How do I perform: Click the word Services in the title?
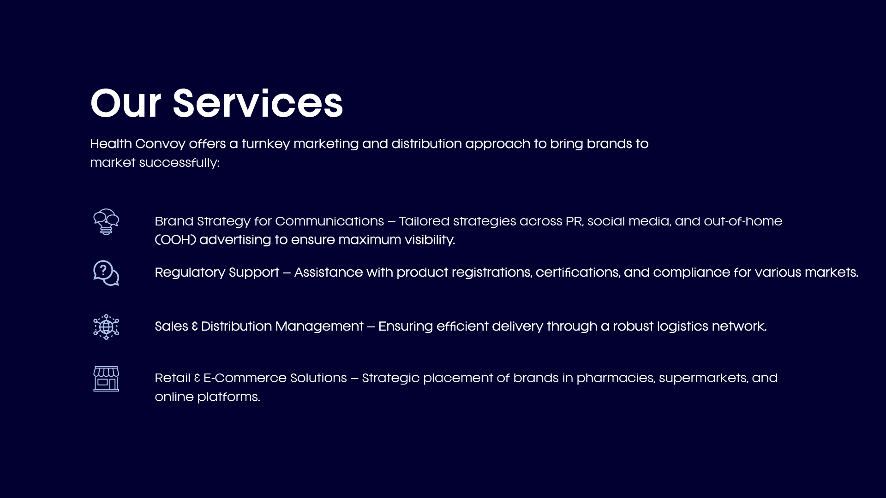pyautogui.click(x=258, y=103)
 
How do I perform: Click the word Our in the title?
pyautogui.click(x=126, y=103)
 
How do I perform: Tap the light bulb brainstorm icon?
pyautogui.click(x=106, y=222)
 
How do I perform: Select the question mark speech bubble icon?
pyautogui.click(x=106, y=273)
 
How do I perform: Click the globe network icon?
pyautogui.click(x=106, y=327)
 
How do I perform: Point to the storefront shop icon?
pyautogui.click(x=106, y=379)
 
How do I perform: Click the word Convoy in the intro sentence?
pyautogui.click(x=160, y=144)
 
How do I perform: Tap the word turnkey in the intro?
pyautogui.click(x=266, y=144)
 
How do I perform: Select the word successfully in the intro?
pyautogui.click(x=179, y=163)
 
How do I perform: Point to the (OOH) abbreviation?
pyautogui.click(x=175, y=240)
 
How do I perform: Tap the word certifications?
pyautogui.click(x=577, y=273)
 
